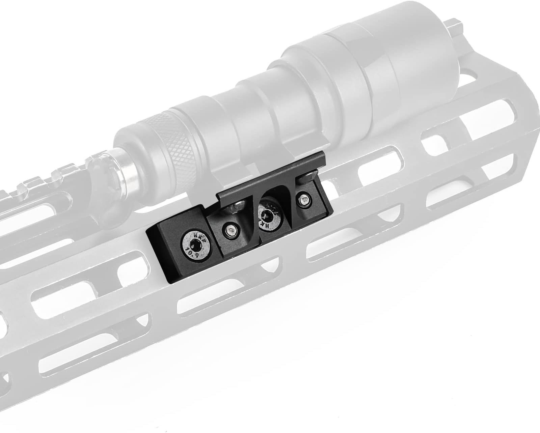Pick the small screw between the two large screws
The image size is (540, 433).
(231, 231)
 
